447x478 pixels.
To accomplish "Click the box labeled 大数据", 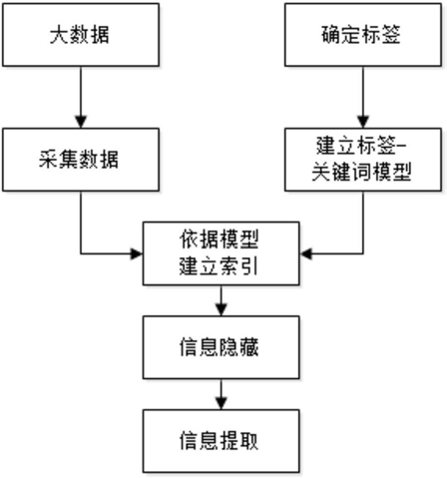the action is (81, 35).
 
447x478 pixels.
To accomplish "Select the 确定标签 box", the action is (363, 35).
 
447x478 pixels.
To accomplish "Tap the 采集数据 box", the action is (81, 160).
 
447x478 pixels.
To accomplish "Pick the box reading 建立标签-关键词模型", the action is (363, 160).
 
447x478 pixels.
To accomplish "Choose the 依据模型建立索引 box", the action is (222, 253).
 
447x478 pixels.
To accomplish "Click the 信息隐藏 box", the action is (222, 347).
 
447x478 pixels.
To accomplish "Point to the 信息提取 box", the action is (222, 441).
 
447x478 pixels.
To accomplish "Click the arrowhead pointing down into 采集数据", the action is (81, 122).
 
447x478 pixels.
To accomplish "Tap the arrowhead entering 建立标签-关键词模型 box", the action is (363, 122).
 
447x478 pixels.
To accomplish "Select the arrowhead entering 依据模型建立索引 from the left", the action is (137, 253).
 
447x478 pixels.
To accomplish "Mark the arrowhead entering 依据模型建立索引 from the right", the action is (305, 253).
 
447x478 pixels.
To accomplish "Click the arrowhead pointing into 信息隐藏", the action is (222, 309).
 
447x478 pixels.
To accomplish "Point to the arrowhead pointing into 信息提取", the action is (222, 403).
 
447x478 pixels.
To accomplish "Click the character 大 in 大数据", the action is (60, 35).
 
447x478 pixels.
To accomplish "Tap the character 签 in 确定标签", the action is (391, 34).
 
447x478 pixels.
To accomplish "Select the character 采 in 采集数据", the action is (49, 160).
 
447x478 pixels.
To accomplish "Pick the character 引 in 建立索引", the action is (249, 266).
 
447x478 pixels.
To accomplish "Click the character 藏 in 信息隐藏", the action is (248, 347).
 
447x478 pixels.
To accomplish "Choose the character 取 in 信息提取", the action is (248, 441).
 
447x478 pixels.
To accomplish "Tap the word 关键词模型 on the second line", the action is (362, 172).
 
